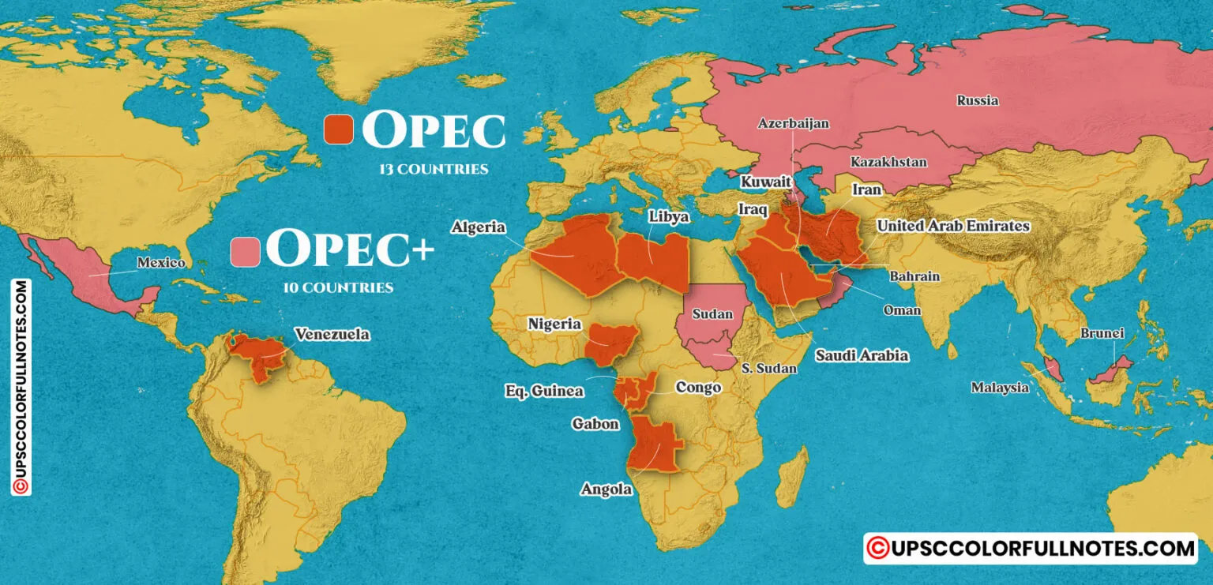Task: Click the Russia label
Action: pos(977,100)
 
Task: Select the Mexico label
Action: pos(160,263)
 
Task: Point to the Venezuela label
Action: pos(332,335)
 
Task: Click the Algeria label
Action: pos(479,227)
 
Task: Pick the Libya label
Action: pos(669,216)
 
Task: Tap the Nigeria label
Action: pos(554,324)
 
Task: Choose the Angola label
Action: pos(606,489)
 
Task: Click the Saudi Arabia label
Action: pos(862,355)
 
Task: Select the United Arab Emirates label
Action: pos(953,226)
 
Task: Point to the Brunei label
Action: pos(1102,333)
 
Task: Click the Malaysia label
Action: pos(1000,388)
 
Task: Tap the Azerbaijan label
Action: pos(793,124)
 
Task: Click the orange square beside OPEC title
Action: pos(339,129)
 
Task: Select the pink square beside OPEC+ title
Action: pos(245,251)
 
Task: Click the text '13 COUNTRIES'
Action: pos(433,169)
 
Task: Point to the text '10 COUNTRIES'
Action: pos(338,288)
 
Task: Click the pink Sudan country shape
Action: pos(711,324)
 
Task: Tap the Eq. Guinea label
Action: pos(544,391)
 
